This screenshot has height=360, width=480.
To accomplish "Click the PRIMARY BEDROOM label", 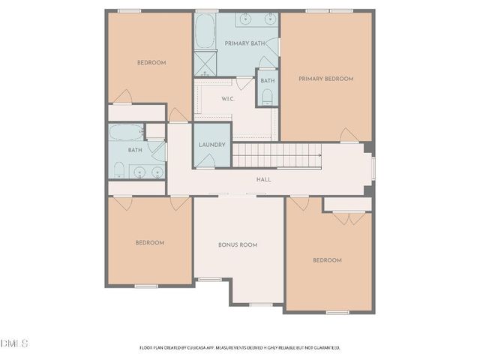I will [x=325, y=78].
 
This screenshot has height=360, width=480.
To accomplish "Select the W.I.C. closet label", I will [x=229, y=99].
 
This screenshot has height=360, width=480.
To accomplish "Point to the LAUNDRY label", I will [x=212, y=145].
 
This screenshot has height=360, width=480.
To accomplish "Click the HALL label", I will [x=263, y=179].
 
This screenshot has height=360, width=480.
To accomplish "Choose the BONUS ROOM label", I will [x=238, y=244].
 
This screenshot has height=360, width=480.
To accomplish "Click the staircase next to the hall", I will [x=277, y=155].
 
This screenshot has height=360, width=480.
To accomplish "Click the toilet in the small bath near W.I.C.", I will [x=268, y=96].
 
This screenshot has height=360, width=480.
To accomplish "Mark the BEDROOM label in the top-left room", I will [x=151, y=62].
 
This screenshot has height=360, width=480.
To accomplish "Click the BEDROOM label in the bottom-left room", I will [x=150, y=242].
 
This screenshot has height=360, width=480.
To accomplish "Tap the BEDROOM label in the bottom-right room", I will [x=327, y=260].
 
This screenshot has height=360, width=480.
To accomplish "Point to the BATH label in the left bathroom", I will [x=135, y=150].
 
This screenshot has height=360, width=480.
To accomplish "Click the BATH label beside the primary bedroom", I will [x=268, y=80].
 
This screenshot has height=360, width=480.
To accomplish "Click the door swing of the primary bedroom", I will [x=349, y=135].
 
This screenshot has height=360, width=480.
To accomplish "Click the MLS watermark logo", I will [x=14, y=343].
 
